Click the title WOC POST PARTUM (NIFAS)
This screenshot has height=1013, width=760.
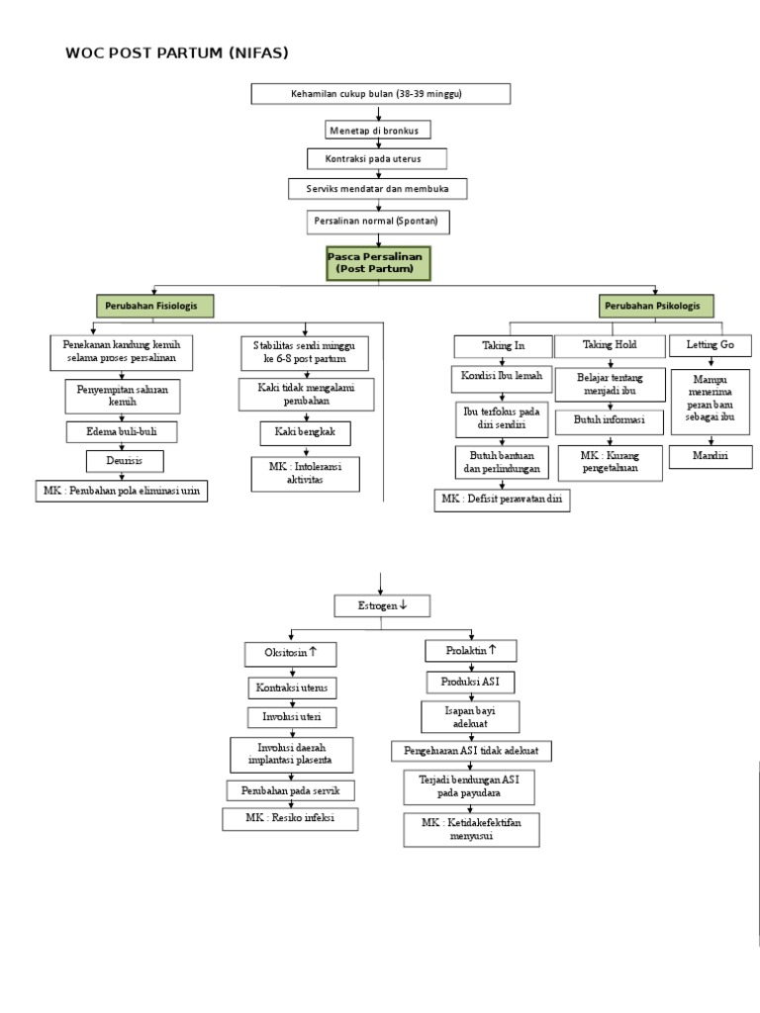[x=177, y=53]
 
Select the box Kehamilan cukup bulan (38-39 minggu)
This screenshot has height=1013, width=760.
[x=381, y=94]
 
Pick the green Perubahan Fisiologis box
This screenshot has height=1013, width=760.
[x=154, y=307]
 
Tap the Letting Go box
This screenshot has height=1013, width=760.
[x=710, y=345]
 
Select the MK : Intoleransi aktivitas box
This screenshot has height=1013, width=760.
[x=305, y=474]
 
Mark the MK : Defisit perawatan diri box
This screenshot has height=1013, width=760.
[x=502, y=501]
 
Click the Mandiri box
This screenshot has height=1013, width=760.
[x=709, y=456]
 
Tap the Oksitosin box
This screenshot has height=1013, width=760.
[x=290, y=653]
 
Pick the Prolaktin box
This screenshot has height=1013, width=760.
[x=471, y=651]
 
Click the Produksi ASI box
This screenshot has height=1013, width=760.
[x=471, y=682]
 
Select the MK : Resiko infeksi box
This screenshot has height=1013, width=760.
[x=290, y=819]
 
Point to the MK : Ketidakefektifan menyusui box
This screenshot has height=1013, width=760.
[x=471, y=829]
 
